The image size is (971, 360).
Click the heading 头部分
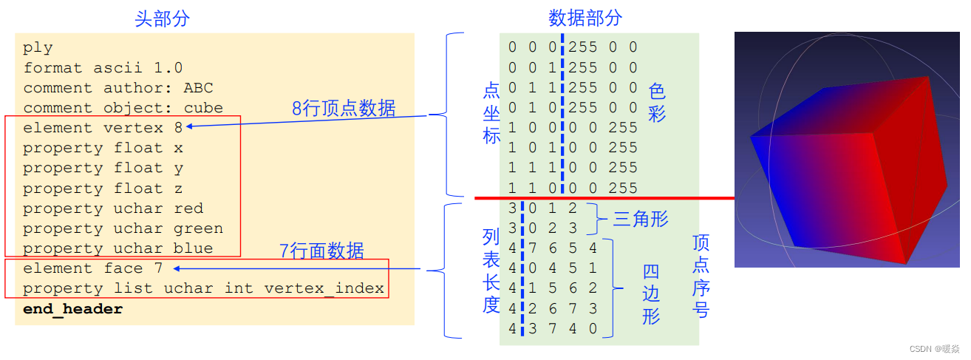click(x=162, y=18)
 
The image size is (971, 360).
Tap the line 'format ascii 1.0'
click(x=103, y=68)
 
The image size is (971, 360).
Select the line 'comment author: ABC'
click(x=117, y=88)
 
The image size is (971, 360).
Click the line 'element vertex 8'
click(x=103, y=128)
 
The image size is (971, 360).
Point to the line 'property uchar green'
click(x=123, y=228)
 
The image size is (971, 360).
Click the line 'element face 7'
click(x=92, y=268)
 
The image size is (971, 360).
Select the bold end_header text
click(x=72, y=309)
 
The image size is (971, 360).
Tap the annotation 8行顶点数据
click(x=344, y=109)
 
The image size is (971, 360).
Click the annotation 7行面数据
click(x=321, y=251)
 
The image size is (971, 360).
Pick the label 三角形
click(x=641, y=219)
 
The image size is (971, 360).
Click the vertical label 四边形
click(x=650, y=294)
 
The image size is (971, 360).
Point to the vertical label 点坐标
click(x=491, y=113)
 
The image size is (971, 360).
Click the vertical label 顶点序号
click(x=701, y=276)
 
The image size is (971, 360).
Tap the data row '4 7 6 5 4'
click(x=552, y=248)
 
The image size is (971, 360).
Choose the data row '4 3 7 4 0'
click(x=552, y=329)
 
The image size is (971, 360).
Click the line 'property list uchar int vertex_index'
click(x=203, y=288)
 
